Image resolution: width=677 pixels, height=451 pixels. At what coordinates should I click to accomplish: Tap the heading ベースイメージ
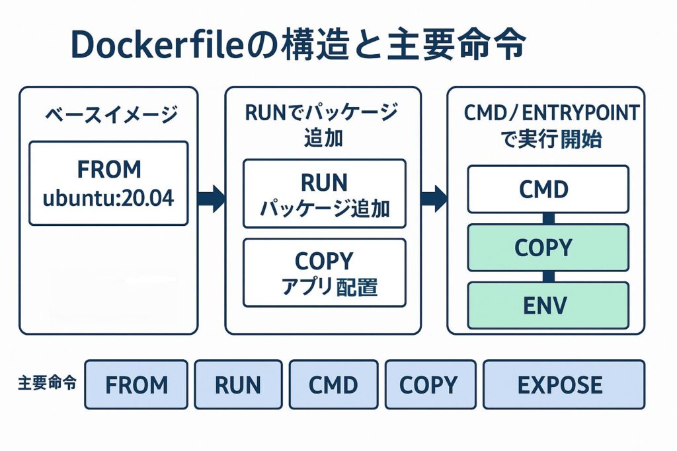click(111, 115)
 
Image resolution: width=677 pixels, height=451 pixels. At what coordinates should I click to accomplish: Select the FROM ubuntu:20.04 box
click(108, 183)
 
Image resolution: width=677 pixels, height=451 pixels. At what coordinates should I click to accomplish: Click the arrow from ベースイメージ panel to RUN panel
click(211, 197)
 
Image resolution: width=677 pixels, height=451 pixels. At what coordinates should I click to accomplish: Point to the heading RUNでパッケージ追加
click(322, 125)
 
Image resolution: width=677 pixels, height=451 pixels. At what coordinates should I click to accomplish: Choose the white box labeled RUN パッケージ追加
click(324, 193)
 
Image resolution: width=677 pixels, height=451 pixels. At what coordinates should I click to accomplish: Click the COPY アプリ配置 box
click(324, 272)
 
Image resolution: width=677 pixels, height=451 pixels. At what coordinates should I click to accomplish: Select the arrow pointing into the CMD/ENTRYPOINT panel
click(434, 197)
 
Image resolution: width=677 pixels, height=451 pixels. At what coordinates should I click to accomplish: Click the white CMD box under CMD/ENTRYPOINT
click(548, 190)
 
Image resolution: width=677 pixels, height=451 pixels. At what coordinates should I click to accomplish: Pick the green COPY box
click(548, 248)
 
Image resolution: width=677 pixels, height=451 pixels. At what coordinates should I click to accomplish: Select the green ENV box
click(548, 305)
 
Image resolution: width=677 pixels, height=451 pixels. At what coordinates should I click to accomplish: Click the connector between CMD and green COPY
click(548, 219)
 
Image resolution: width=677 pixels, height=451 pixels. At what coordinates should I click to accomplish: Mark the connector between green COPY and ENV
click(548, 277)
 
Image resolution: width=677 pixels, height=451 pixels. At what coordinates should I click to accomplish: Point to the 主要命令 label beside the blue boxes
click(46, 383)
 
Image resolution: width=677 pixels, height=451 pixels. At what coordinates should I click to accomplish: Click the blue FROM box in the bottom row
click(136, 384)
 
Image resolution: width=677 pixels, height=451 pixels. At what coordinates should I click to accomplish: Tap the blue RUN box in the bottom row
click(238, 384)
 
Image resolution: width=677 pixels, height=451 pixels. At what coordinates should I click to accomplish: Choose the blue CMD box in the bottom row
click(333, 384)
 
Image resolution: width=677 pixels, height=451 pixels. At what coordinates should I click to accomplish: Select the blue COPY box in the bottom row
click(430, 384)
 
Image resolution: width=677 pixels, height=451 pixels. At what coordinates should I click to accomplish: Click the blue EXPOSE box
click(563, 384)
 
